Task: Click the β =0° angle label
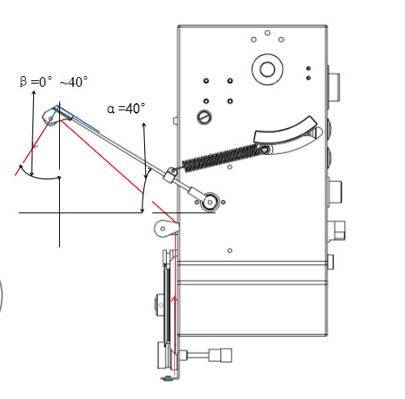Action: coord(36,81)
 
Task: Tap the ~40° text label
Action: coord(74,82)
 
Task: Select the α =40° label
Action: coord(126,109)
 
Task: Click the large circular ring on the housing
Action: coord(267,69)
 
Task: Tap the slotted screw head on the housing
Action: coord(204,117)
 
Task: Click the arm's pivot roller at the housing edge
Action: coord(210,202)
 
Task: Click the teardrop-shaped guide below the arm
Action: coord(165,229)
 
